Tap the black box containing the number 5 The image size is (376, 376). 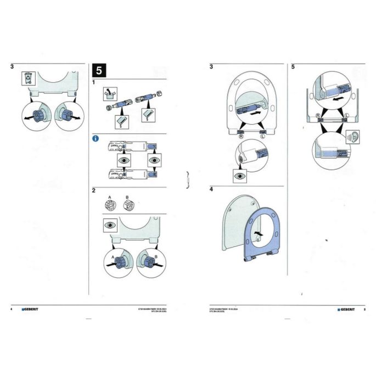99,70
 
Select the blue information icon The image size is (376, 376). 94,139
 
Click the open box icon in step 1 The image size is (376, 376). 111,95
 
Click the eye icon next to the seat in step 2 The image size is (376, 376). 110,225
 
